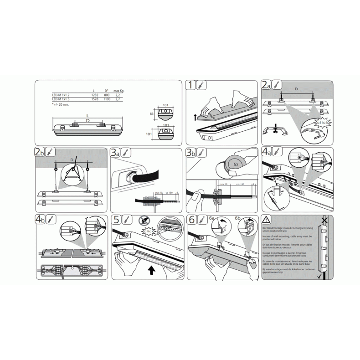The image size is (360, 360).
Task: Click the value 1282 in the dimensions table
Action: (x=95, y=95)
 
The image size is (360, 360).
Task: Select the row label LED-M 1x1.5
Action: (x=61, y=99)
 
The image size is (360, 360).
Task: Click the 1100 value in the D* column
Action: (x=107, y=99)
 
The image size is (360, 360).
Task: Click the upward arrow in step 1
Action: (x=195, y=118)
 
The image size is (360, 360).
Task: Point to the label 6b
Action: (x=238, y=219)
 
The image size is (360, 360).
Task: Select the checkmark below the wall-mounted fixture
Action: (x=324, y=276)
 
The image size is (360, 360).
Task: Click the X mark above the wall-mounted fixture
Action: (x=324, y=220)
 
